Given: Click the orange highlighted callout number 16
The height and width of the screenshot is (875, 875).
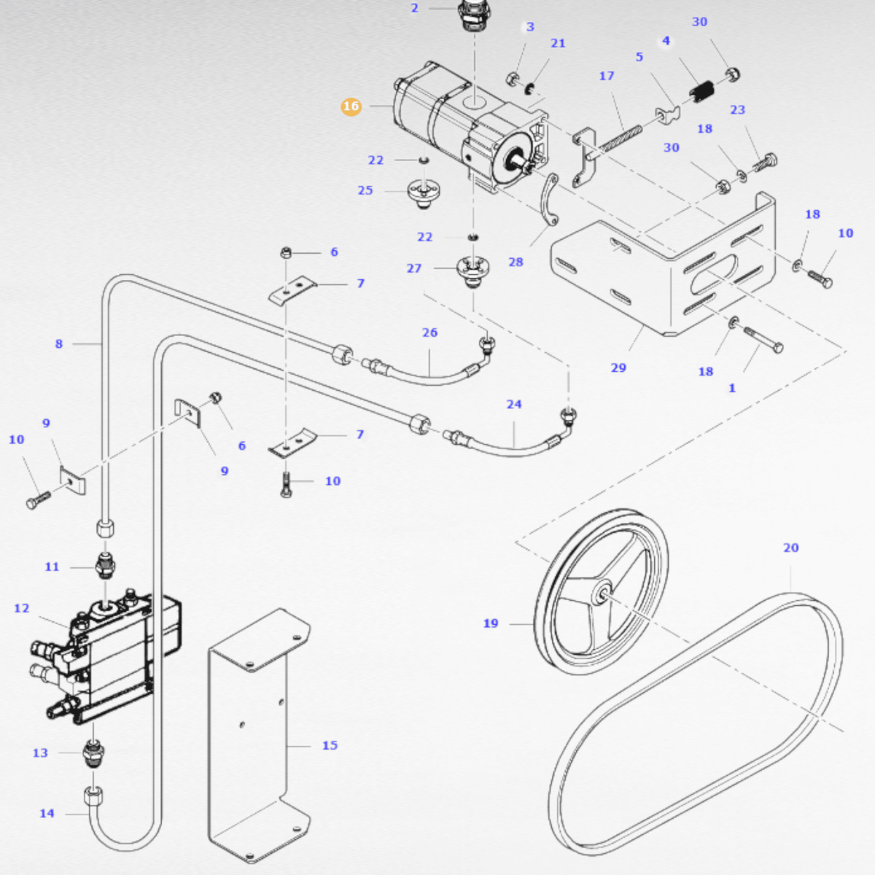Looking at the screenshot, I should coord(351,106).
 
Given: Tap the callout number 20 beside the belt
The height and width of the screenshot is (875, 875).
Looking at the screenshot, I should coord(791,548).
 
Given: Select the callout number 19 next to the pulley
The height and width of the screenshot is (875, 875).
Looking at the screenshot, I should coord(491,623).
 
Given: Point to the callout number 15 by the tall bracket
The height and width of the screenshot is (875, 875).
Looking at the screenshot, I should coord(330,745).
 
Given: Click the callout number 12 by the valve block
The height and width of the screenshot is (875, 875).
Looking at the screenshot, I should coord(22,608).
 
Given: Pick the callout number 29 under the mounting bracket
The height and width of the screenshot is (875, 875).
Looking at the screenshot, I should coord(618,367).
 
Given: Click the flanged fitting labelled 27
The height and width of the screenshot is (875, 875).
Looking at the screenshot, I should coord(472,271).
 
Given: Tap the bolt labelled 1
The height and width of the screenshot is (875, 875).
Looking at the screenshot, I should coord(763,340).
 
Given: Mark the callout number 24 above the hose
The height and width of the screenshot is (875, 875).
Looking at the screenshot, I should coord(514,404).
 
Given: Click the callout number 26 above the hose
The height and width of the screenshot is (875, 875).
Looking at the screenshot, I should coord(429,332).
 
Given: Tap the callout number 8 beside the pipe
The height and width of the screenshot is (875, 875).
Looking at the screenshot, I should coord(59,343).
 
